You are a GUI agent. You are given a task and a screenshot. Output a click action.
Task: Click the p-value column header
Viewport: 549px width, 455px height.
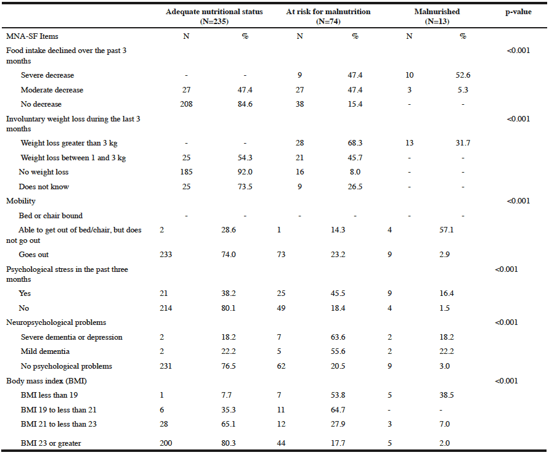pyautogui.click(x=518, y=12)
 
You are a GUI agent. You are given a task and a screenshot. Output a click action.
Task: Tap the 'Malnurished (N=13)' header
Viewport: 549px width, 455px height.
pyautogui.click(x=437, y=17)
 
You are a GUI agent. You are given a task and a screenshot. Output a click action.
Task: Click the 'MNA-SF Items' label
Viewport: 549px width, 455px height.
pyautogui.click(x=32, y=36)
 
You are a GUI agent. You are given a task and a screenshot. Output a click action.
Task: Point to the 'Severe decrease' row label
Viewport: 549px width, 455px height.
pyautogui.click(x=47, y=75)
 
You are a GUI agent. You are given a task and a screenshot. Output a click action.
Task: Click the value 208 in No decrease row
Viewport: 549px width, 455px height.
pyautogui.click(x=186, y=104)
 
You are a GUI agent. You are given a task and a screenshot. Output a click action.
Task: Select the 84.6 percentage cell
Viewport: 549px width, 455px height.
pyautogui.click(x=245, y=104)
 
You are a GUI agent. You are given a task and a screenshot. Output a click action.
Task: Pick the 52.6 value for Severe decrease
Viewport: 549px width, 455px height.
pyautogui.click(x=463, y=75)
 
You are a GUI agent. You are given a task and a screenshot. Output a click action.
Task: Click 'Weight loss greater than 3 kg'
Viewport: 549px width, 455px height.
pyautogui.click(x=69, y=143)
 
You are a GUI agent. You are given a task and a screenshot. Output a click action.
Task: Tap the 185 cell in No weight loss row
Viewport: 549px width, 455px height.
pyautogui.click(x=186, y=172)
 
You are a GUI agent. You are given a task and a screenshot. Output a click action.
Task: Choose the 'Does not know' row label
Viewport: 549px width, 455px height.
pyautogui.click(x=44, y=187)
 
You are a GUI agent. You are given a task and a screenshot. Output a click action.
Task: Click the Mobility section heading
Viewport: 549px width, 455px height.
pyautogui.click(x=21, y=201)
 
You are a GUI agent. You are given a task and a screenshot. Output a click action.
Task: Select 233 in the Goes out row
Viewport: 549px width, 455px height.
pyautogui.click(x=166, y=255)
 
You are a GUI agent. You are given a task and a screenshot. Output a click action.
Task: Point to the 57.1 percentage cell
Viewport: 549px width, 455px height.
pyautogui.click(x=447, y=230)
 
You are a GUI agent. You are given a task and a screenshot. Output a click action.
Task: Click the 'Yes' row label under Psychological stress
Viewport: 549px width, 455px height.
pyautogui.click(x=25, y=293)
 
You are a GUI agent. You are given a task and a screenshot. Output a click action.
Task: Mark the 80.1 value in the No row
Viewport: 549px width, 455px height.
pyautogui.click(x=228, y=308)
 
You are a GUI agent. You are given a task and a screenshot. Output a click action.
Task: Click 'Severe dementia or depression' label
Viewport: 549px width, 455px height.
pyautogui.click(x=71, y=337)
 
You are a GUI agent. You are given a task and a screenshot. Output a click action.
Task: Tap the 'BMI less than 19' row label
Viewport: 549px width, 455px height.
pyautogui.click(x=49, y=395)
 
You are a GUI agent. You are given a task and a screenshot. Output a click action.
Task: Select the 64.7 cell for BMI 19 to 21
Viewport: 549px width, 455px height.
pyautogui.click(x=338, y=410)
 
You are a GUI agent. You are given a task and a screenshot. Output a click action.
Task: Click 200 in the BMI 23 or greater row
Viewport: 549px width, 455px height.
pyautogui.click(x=166, y=443)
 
